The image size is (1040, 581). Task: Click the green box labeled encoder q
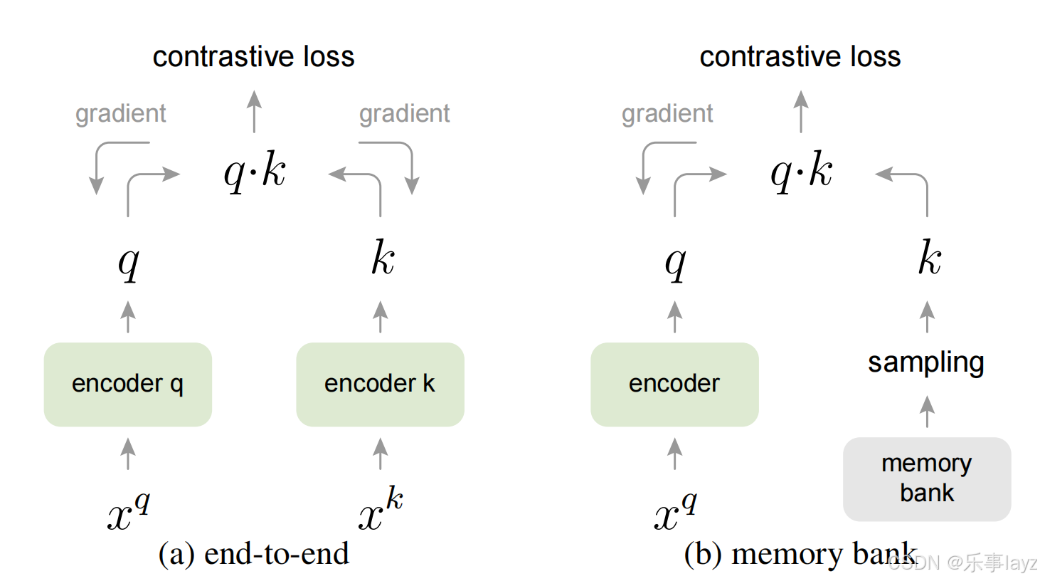click(x=128, y=384)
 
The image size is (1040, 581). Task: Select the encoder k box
click(x=380, y=384)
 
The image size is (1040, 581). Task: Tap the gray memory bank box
click(x=926, y=478)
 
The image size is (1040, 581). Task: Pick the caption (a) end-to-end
click(x=253, y=554)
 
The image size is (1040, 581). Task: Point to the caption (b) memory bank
click(x=800, y=554)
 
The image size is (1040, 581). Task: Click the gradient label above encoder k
click(x=404, y=113)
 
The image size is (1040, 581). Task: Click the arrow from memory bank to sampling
click(x=926, y=412)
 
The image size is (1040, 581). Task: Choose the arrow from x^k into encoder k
click(x=381, y=454)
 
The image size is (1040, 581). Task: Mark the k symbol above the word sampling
click(x=929, y=258)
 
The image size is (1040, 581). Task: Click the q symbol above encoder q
click(x=129, y=261)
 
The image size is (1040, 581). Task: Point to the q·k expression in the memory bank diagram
click(x=801, y=172)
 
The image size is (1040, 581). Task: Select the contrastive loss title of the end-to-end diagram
click(x=253, y=57)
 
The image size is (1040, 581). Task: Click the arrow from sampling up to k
click(x=927, y=317)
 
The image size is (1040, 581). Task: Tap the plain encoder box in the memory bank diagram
click(x=674, y=384)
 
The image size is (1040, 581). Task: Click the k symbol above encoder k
click(x=383, y=258)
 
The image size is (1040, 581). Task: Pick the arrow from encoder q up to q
click(x=128, y=317)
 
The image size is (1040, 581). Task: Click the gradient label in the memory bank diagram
click(x=667, y=113)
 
